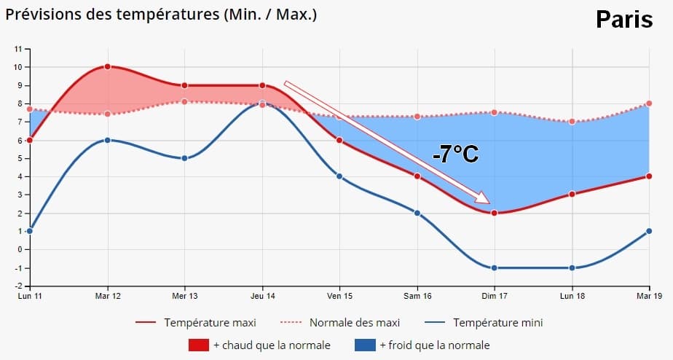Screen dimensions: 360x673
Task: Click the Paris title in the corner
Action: point(624,20)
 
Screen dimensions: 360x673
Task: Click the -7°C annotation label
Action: point(454,154)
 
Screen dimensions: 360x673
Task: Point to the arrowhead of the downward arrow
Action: point(484,199)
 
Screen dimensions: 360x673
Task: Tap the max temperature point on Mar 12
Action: point(107,66)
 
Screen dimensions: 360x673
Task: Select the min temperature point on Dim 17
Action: point(495,267)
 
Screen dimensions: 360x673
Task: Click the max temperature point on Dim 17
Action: point(495,213)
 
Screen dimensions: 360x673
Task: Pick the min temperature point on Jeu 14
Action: point(262,103)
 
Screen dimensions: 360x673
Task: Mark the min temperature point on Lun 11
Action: point(30,231)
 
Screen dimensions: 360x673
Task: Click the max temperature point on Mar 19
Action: point(649,176)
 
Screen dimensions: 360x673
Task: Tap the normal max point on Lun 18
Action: point(572,122)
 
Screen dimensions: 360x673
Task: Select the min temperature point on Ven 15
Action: point(339,176)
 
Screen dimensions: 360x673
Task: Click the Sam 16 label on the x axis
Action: point(417,295)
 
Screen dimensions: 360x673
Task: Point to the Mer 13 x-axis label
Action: point(184,295)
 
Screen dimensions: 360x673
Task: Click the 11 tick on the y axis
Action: point(19,49)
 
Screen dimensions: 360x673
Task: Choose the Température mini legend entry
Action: point(497,322)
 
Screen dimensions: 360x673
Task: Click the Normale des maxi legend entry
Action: point(355,322)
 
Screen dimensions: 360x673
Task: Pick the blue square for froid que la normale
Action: point(365,345)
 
